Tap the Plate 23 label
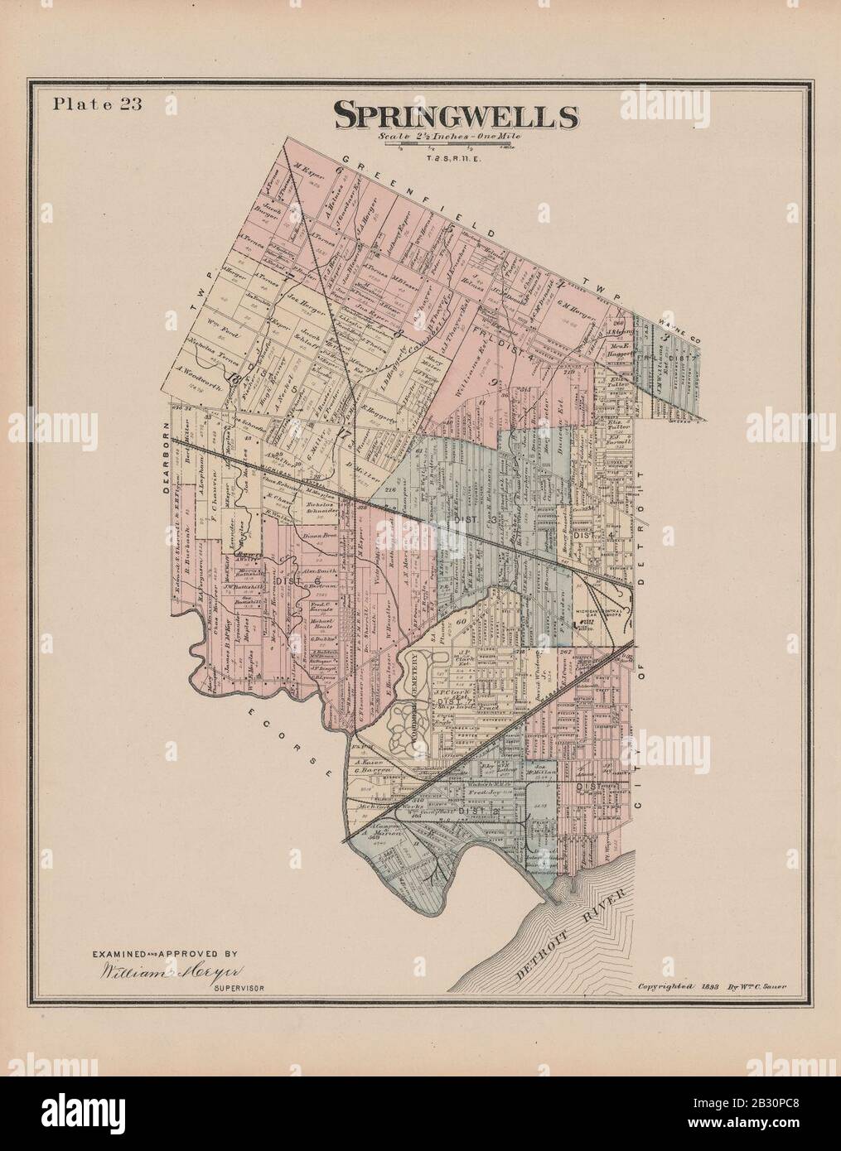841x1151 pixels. (x=87, y=104)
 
